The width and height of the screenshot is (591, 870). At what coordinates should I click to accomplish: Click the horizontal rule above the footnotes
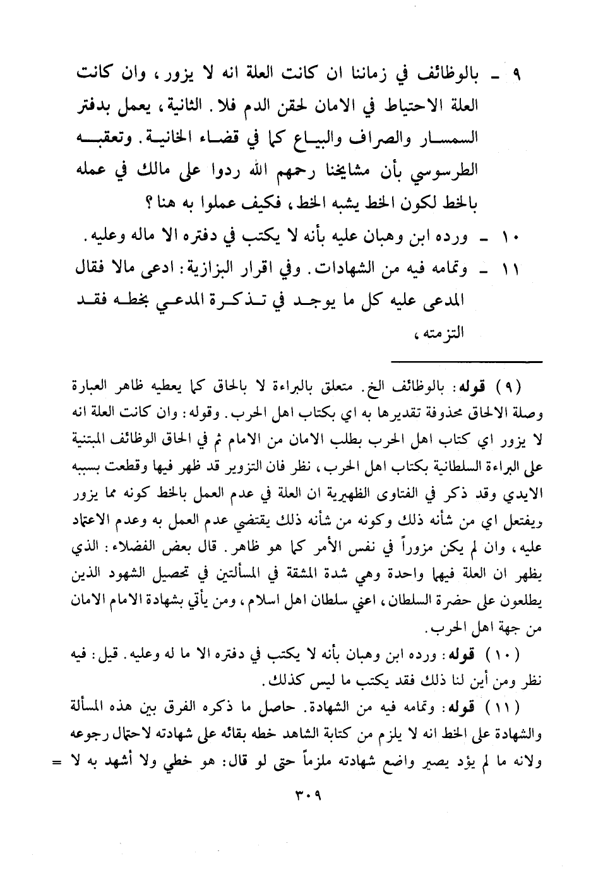(467, 361)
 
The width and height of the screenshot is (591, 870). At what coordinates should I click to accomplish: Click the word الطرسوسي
(494, 172)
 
